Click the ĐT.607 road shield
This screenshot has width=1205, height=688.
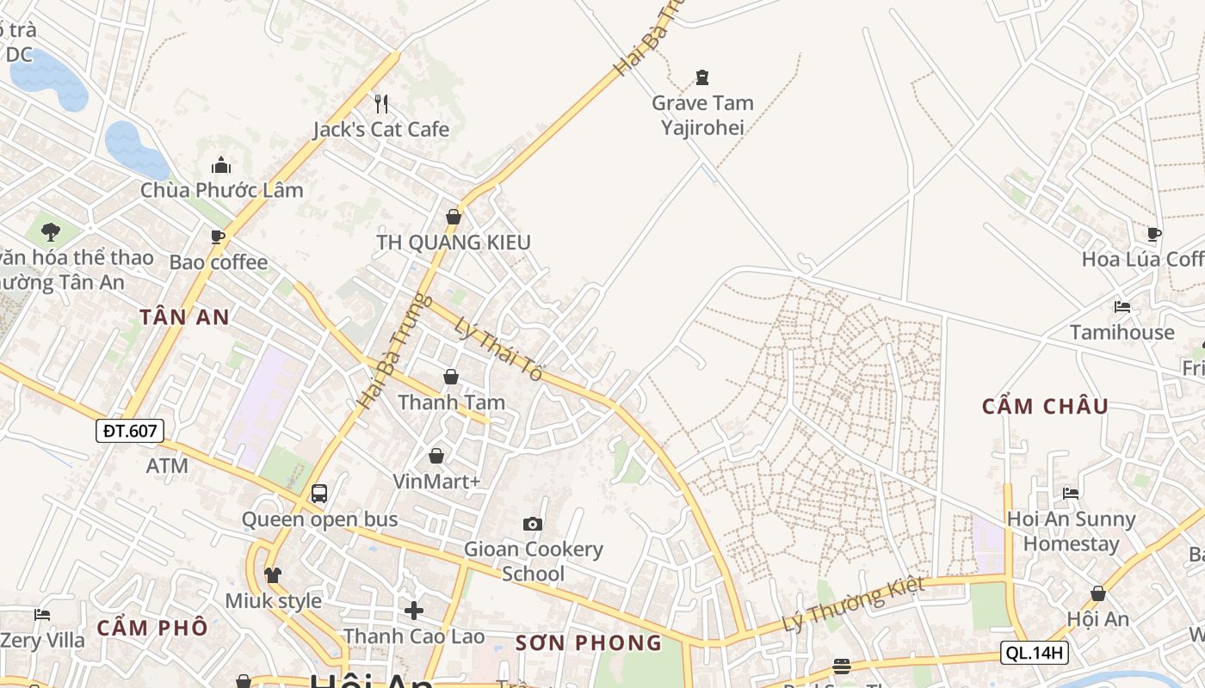130,431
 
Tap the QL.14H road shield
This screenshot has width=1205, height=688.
1035,653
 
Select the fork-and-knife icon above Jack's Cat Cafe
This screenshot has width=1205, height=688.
381,104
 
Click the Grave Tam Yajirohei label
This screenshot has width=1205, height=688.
702,115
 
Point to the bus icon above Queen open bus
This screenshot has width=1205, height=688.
319,494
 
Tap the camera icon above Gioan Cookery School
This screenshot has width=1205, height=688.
533,524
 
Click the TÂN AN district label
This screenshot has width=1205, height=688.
185,317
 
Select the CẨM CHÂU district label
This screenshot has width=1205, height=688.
1045,406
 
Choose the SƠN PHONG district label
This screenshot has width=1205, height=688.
589,642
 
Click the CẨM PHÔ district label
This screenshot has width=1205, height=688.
152,627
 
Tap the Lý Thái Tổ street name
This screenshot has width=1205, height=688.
499,350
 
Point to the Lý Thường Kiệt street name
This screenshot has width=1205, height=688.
853,604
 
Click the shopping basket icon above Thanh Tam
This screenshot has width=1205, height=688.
451,377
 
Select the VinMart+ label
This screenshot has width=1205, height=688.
436,482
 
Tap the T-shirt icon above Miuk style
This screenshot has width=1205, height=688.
273,574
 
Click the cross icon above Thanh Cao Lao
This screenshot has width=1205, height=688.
414,611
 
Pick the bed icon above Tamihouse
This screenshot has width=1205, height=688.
1122,306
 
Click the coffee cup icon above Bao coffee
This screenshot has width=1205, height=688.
218,236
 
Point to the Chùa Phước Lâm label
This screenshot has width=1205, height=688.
222,190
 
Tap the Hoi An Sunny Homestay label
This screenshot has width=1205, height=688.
1071,531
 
